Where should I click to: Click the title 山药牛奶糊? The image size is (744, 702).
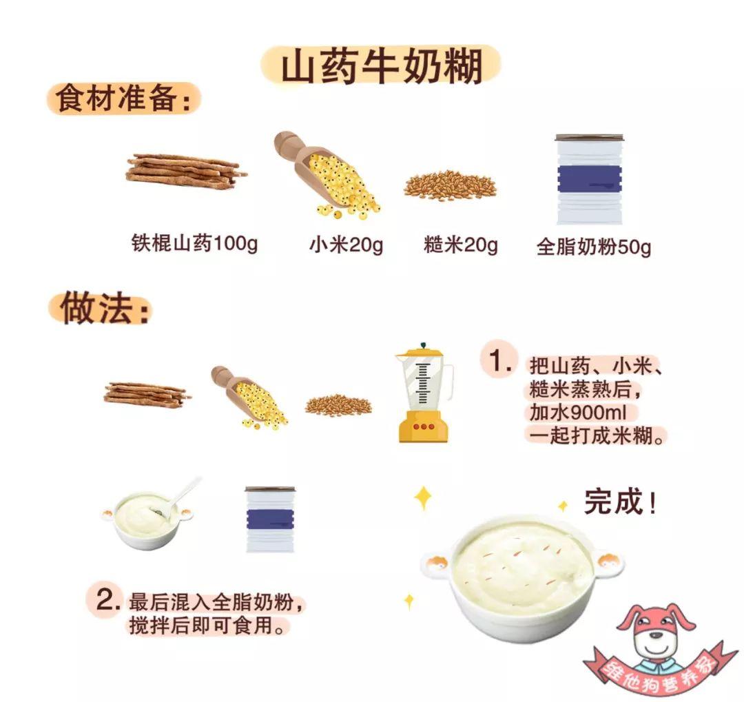point(382,67)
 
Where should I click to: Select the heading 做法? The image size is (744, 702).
point(105,309)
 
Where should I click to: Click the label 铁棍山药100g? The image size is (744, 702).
point(194,243)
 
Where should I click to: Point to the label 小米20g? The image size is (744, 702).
point(346,245)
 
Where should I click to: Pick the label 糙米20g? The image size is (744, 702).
point(461,245)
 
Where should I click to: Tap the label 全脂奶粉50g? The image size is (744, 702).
point(594,247)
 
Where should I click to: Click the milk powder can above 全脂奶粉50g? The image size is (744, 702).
point(589,179)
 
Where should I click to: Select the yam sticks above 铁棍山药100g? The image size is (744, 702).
point(185,171)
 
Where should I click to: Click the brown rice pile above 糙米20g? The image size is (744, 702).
point(450,185)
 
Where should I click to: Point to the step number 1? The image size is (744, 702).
point(501,361)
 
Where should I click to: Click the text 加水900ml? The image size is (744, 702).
point(578,412)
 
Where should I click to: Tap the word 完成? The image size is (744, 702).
point(620,502)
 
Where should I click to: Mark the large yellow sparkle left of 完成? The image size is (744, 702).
point(423,498)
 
